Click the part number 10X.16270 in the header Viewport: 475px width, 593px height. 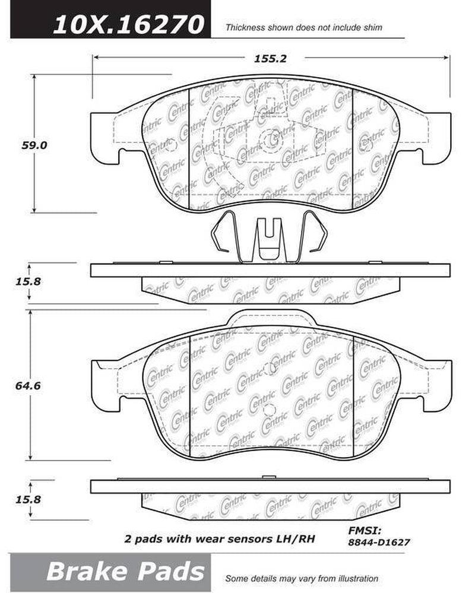129,24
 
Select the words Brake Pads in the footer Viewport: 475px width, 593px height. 125,572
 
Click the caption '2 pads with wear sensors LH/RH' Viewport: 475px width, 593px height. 219,540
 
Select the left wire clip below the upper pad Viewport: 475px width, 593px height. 226,236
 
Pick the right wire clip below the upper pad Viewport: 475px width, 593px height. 312,236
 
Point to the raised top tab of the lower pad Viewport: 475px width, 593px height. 270,318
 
